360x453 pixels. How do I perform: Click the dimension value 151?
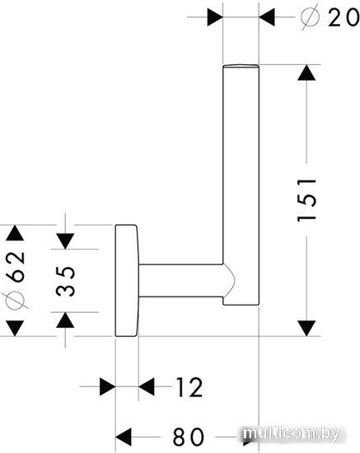pos(306,199)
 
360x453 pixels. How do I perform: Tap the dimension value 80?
pos(188,437)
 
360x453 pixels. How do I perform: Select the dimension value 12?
pos(189,387)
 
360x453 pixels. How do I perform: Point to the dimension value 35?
pos(66,281)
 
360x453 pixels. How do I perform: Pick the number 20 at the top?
pos(344,17)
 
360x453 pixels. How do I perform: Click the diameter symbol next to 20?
pos(310,16)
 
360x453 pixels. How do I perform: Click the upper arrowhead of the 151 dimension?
pos(306,72)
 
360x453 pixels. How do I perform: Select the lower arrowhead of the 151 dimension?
pos(306,328)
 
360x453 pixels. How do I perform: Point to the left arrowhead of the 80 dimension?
pos(124,437)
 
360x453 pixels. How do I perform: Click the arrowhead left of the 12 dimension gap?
pos(107,386)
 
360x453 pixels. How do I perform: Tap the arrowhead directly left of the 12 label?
pos(147,386)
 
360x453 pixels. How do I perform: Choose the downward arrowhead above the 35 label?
pos(65,241)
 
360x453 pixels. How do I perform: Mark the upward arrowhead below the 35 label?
pos(65,320)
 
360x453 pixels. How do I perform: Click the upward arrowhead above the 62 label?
pos(15,233)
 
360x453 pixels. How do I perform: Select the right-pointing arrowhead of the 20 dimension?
pos(215,17)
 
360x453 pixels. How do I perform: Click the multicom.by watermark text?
pos(291,434)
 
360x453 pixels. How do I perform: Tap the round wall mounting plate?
pos(127,280)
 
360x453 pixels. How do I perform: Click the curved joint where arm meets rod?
pos(230,280)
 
